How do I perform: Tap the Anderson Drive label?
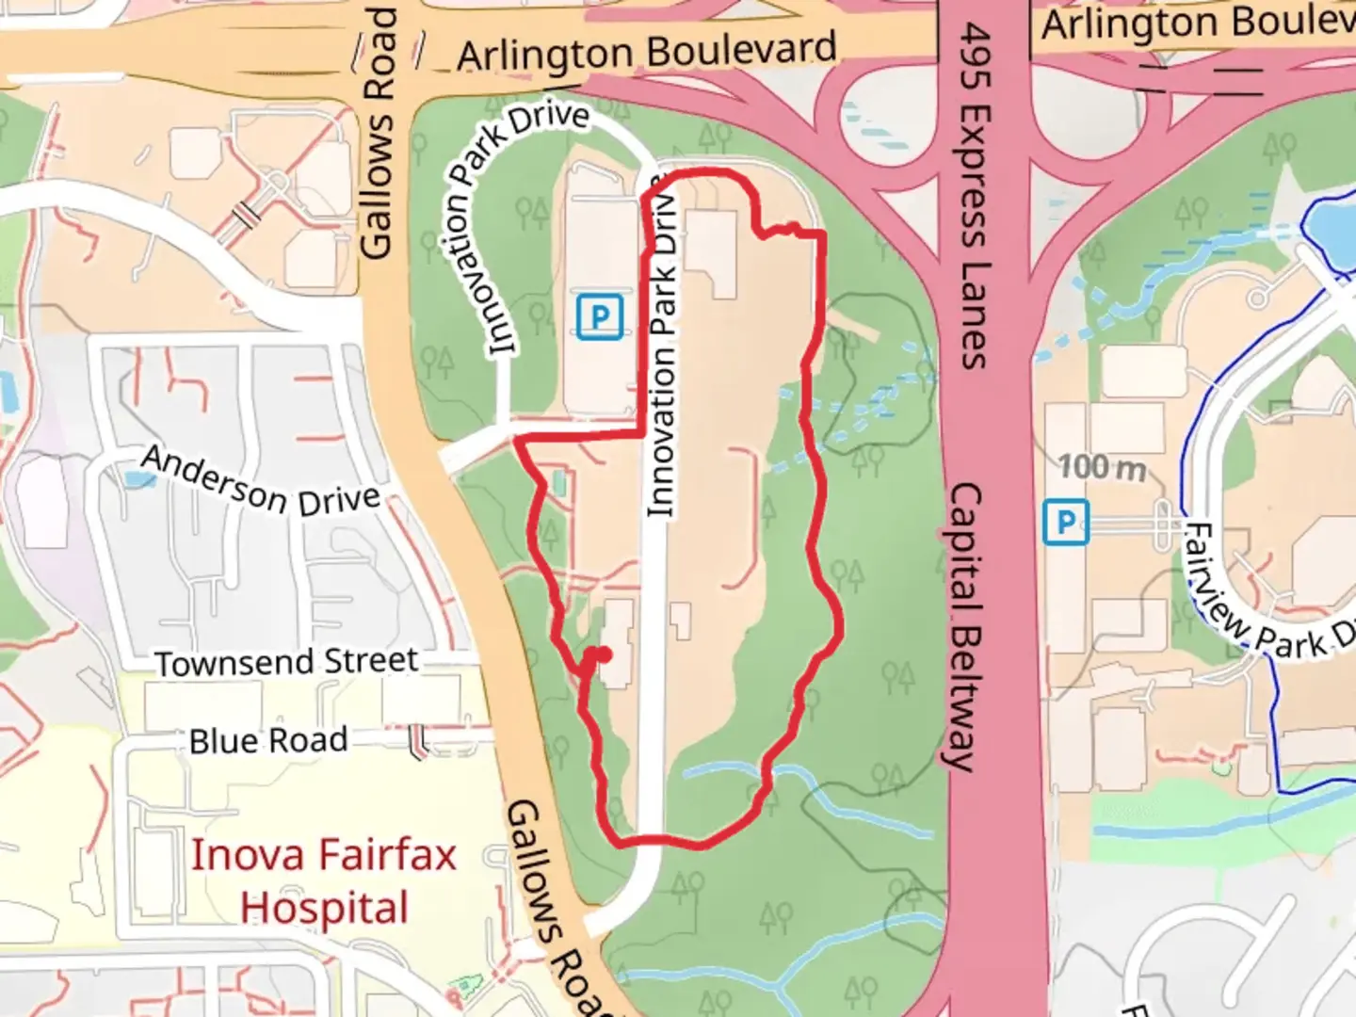click(x=260, y=483)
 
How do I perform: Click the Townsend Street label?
click(x=286, y=661)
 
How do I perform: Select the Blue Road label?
click(x=267, y=740)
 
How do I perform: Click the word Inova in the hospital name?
click(x=247, y=855)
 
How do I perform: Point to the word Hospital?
click(x=324, y=909)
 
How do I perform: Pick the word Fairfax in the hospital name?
click(x=388, y=855)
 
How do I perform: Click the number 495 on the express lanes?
click(x=976, y=56)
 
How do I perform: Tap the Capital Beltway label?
click(x=964, y=626)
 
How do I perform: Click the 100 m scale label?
click(x=1102, y=466)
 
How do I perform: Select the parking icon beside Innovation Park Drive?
click(x=599, y=316)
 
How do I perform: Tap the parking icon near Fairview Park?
click(x=1066, y=523)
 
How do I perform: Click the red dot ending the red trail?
click(x=605, y=654)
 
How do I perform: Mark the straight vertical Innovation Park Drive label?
click(x=662, y=348)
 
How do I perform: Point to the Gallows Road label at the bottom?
click(x=556, y=904)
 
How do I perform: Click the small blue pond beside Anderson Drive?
click(x=139, y=479)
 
